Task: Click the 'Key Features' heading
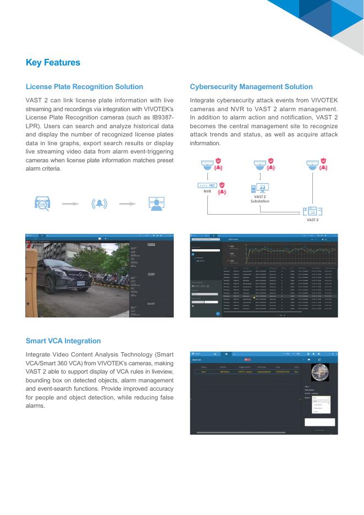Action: (x=53, y=63)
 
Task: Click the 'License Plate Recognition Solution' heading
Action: (x=84, y=87)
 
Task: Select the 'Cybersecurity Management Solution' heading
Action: (x=251, y=87)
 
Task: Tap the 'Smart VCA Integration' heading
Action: (x=63, y=341)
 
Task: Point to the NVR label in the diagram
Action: (x=207, y=192)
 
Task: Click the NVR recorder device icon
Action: (x=207, y=185)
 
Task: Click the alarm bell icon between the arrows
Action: (x=100, y=204)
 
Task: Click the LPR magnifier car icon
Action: (x=42, y=204)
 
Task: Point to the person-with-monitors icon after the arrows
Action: (x=157, y=204)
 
